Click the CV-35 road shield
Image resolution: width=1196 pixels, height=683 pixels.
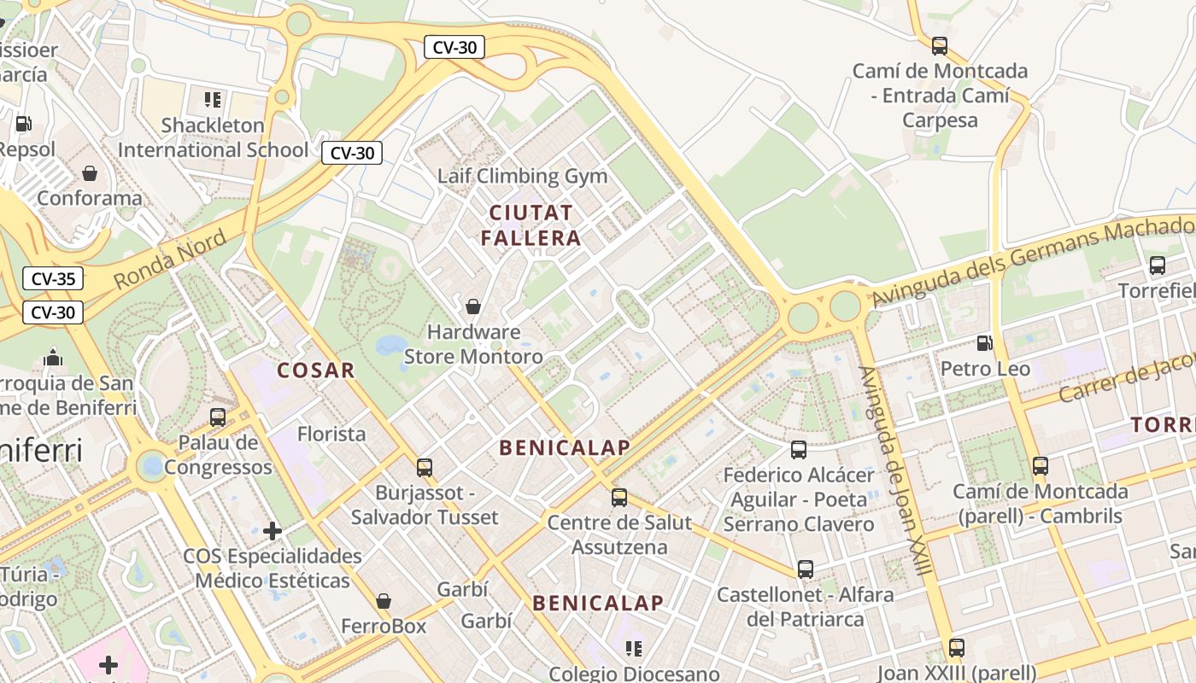53,278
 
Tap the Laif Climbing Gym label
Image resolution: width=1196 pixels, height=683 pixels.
522,176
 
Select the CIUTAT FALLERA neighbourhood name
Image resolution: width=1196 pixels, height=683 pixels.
531,225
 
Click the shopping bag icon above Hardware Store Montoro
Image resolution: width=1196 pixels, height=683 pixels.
472,306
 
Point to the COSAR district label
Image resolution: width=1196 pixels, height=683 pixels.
315,370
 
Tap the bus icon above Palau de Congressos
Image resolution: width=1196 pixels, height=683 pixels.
218,417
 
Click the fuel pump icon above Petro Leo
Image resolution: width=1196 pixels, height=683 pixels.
984,343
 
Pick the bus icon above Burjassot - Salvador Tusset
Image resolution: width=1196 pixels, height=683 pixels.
425,467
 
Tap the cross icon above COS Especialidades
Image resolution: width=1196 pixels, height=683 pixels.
273,531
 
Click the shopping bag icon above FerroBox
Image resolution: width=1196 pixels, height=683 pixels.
384,601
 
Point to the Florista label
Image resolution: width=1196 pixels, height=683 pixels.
331,434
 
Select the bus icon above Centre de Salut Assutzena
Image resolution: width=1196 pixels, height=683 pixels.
619,497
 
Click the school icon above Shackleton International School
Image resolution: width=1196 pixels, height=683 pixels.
213,100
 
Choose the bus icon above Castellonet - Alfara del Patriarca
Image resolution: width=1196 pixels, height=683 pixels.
805,569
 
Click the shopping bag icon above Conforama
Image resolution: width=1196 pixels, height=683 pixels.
90,173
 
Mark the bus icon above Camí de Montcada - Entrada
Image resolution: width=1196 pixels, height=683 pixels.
940,45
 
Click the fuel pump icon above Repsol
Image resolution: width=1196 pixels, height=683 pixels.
23,124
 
